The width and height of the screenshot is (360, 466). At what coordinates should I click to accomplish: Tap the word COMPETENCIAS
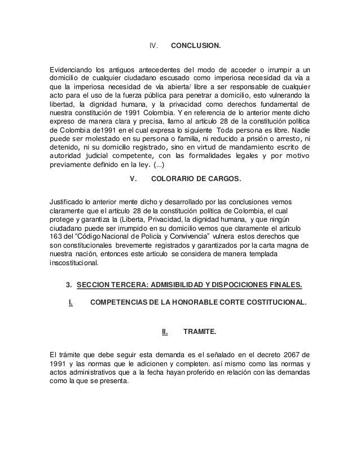(123, 304)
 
